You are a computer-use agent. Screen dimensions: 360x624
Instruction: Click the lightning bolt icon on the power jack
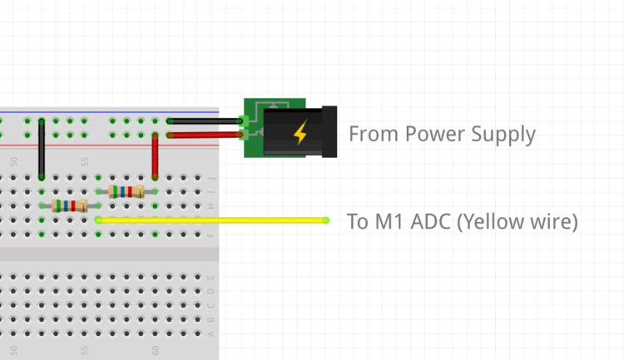(300, 132)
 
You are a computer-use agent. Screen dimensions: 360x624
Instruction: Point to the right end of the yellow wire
(325, 220)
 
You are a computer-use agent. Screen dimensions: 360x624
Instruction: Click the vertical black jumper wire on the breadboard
(42, 150)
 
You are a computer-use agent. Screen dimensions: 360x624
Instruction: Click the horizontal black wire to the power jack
(204, 121)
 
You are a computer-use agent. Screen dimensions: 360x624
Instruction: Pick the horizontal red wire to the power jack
(204, 135)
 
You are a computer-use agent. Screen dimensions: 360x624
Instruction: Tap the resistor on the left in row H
(69, 205)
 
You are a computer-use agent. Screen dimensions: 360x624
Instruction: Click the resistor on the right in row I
(126, 192)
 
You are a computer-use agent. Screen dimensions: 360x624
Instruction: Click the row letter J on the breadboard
(211, 178)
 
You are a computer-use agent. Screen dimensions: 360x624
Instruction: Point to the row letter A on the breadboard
(211, 333)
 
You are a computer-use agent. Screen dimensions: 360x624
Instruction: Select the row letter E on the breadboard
(211, 277)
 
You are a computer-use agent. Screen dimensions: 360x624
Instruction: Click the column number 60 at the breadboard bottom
(156, 351)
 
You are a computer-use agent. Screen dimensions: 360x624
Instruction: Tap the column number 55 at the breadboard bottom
(84, 351)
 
